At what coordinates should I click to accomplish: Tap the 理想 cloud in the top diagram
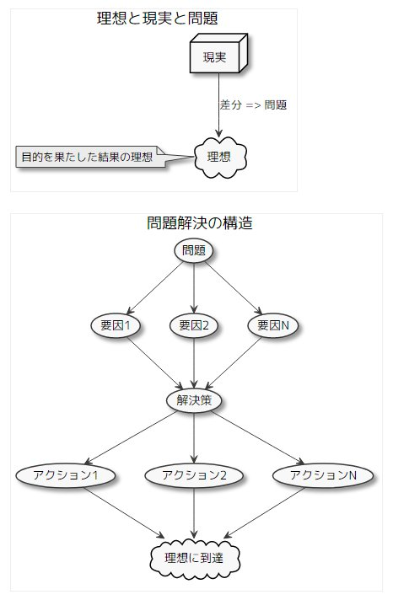pos(219,157)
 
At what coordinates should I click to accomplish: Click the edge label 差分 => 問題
pos(253,104)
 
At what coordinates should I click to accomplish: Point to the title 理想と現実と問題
pos(158,19)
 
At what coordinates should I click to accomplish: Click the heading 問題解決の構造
pos(200,222)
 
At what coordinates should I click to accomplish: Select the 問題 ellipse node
pos(194,251)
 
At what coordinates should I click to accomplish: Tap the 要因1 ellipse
pos(116,325)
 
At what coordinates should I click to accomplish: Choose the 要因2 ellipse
pos(194,325)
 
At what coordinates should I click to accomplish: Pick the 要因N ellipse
pos(273,325)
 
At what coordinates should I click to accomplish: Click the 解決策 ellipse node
pos(194,400)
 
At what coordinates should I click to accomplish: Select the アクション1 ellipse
pos(66,475)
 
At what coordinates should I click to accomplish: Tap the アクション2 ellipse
pos(194,475)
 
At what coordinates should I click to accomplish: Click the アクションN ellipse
pos(323,475)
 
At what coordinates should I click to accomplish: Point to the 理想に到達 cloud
pos(195,558)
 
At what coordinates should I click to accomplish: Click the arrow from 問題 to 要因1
pos(154,287)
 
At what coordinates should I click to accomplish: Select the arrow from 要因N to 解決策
pos(234,363)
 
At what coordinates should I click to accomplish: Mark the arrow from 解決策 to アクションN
pos(258,437)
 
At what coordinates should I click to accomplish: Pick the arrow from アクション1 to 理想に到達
pos(124,512)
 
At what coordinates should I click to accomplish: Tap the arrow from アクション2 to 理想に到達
pos(194,512)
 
